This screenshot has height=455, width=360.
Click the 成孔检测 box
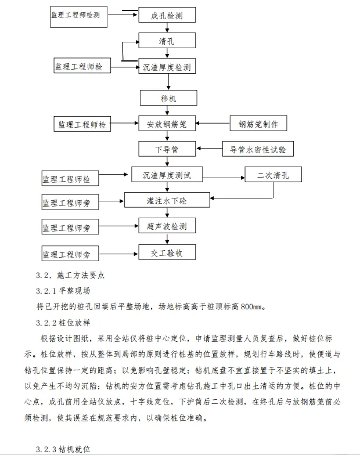167,15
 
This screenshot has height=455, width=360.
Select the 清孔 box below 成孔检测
167,41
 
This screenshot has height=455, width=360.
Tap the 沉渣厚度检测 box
167,66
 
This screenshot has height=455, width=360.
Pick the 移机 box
167,98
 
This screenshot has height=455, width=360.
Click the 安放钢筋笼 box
167,124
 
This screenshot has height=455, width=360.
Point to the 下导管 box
167,149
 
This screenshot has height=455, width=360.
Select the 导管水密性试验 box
258,149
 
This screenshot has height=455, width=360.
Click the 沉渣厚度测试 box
167,175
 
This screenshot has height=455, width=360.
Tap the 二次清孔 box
273,175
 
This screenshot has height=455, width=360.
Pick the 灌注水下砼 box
167,200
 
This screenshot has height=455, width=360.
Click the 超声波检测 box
167,226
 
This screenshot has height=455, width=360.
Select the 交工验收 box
167,252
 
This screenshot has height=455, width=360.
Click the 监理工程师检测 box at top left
80,15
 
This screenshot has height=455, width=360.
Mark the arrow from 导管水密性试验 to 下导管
209,149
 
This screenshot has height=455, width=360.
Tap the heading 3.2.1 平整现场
63,290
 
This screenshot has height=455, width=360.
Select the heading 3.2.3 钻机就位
63,449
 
